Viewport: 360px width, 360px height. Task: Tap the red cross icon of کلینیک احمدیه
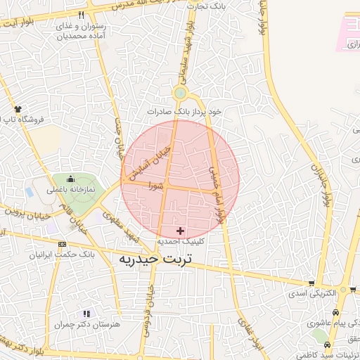[181, 231]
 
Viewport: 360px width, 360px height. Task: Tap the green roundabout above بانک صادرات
[181, 93]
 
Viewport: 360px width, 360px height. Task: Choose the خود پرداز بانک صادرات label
[184, 111]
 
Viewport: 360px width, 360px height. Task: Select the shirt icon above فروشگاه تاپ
[18, 109]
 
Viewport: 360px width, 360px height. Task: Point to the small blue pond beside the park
[29, 191]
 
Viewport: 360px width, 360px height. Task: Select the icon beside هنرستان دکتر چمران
[86, 314]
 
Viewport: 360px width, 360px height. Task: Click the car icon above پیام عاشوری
[336, 312]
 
